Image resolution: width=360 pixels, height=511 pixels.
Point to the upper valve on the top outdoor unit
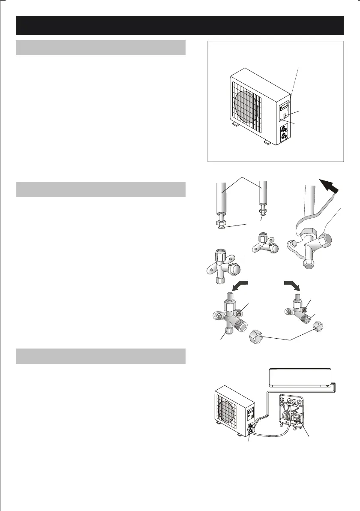pos(283,128)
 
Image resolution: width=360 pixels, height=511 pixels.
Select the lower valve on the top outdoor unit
pos(283,137)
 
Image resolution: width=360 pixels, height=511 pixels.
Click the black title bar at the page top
pos(180,26)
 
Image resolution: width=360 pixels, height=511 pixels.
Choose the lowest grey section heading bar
pos(101,356)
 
